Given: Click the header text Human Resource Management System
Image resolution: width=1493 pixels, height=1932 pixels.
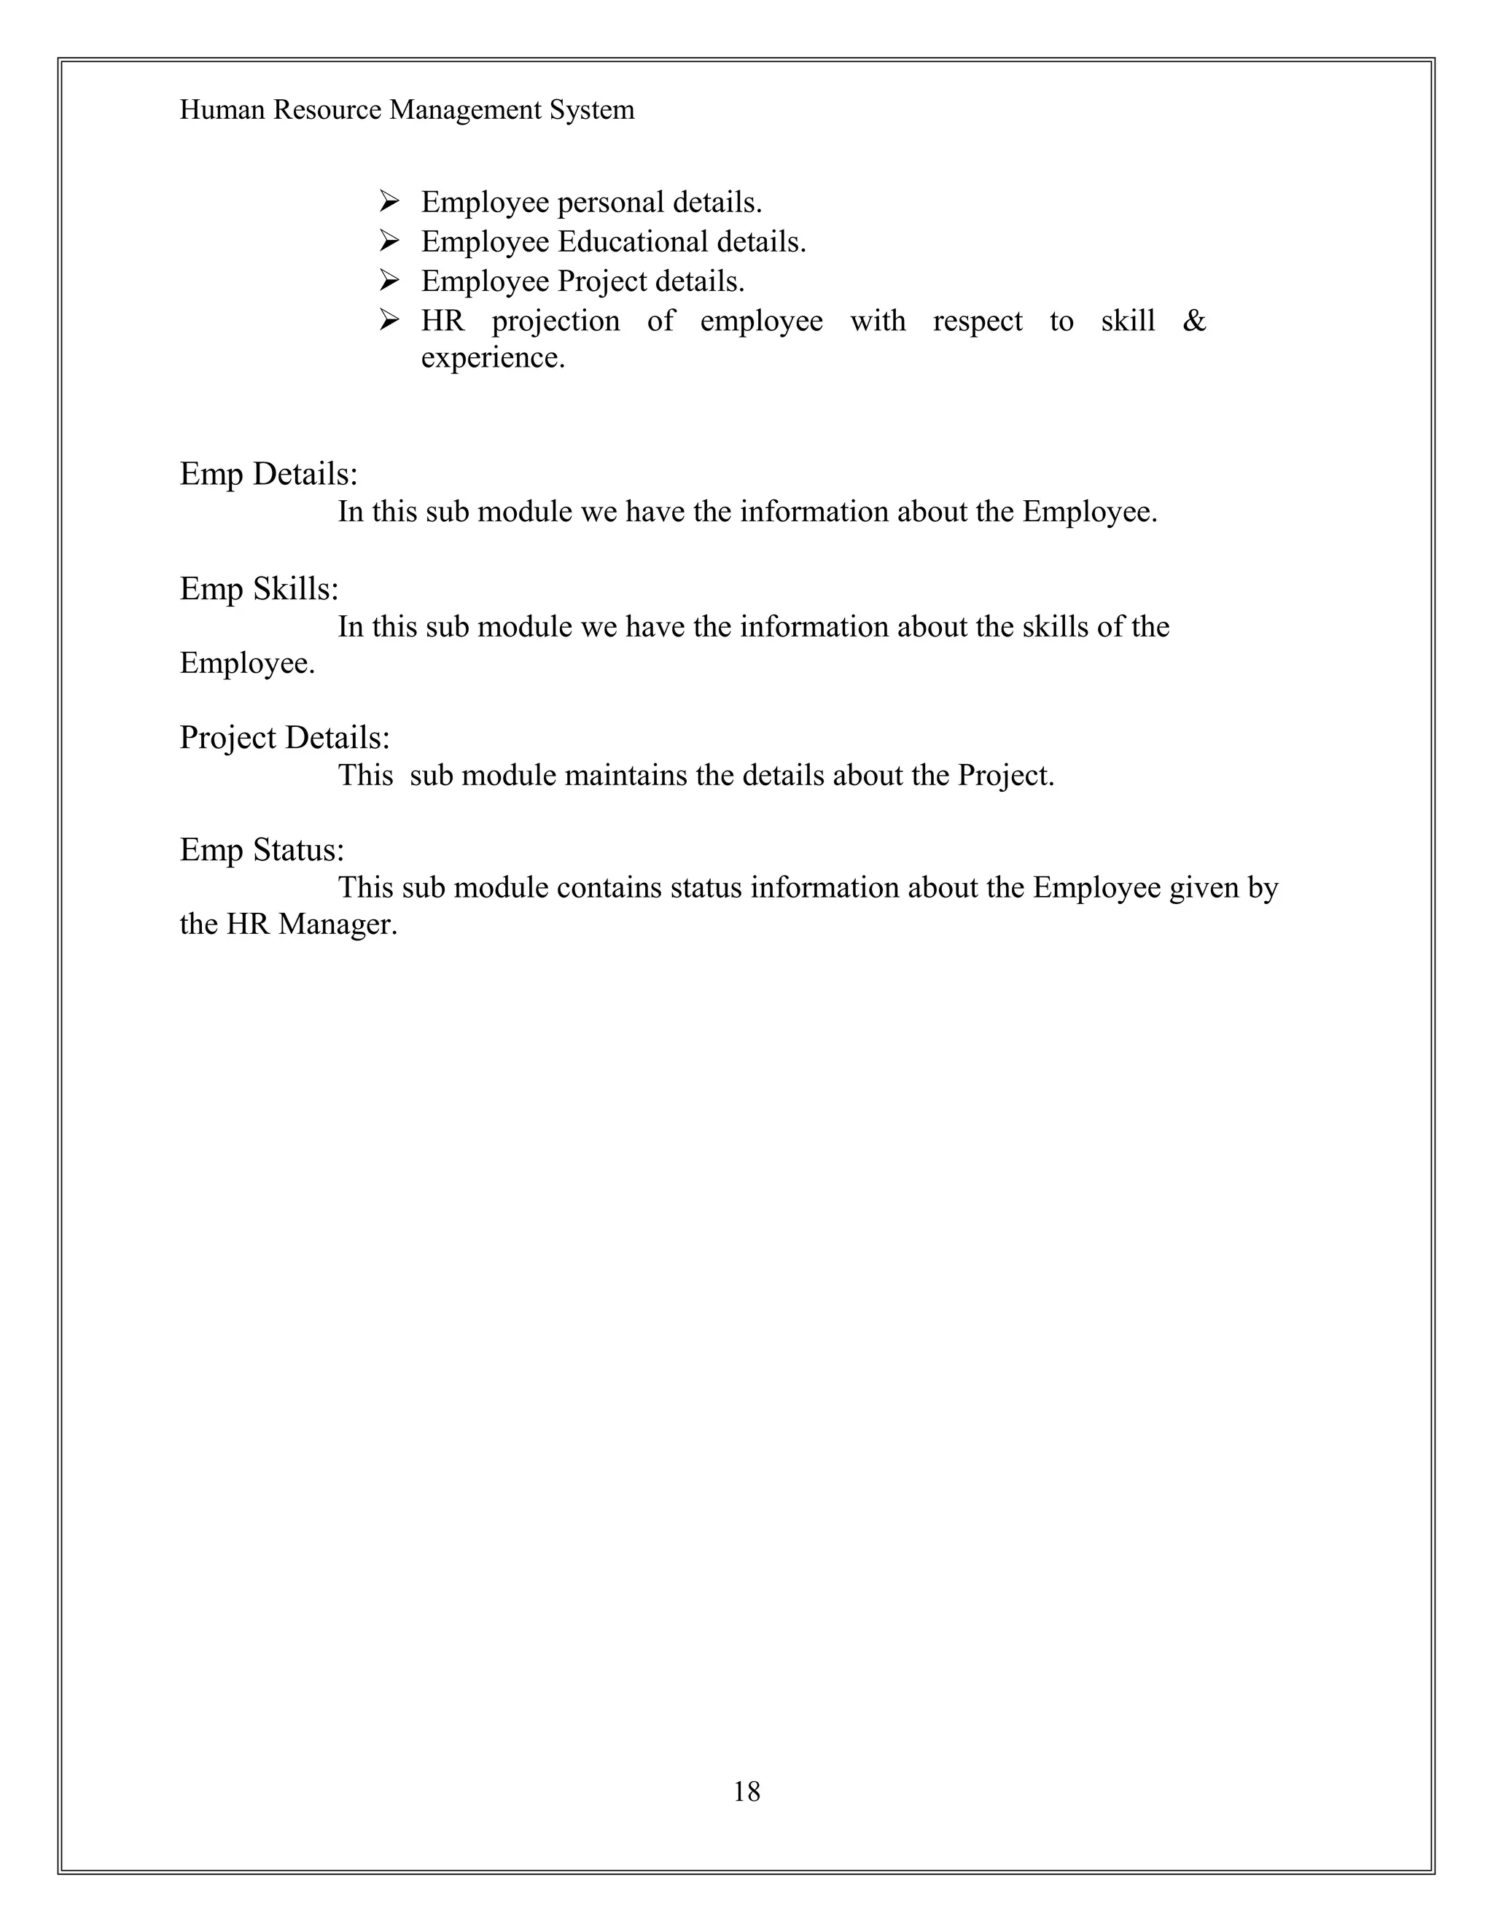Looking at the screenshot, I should point(407,109).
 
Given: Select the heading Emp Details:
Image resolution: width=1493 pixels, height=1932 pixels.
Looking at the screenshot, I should point(269,474).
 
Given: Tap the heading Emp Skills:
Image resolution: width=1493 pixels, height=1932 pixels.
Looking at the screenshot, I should point(259,588).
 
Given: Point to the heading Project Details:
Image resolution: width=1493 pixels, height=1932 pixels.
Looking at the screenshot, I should point(285,737).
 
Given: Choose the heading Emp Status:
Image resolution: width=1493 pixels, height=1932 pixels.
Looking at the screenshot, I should point(262,849).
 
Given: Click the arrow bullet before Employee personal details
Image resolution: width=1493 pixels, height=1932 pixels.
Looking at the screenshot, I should point(389,202).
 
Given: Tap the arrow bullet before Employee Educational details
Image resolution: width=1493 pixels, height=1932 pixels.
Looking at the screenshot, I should point(389,241).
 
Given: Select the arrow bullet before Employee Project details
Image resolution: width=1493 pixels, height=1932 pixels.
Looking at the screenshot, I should point(389,281).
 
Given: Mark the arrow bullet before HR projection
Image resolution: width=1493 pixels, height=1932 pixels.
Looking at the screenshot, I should point(389,319).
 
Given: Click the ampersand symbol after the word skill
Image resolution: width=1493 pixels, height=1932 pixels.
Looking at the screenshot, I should point(1194,320).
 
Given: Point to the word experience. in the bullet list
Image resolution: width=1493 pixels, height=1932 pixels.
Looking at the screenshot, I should point(493,358).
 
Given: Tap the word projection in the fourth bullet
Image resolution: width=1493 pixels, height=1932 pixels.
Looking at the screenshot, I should point(556,321).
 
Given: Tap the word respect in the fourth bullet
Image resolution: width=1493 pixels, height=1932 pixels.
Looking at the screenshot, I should point(978,321).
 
